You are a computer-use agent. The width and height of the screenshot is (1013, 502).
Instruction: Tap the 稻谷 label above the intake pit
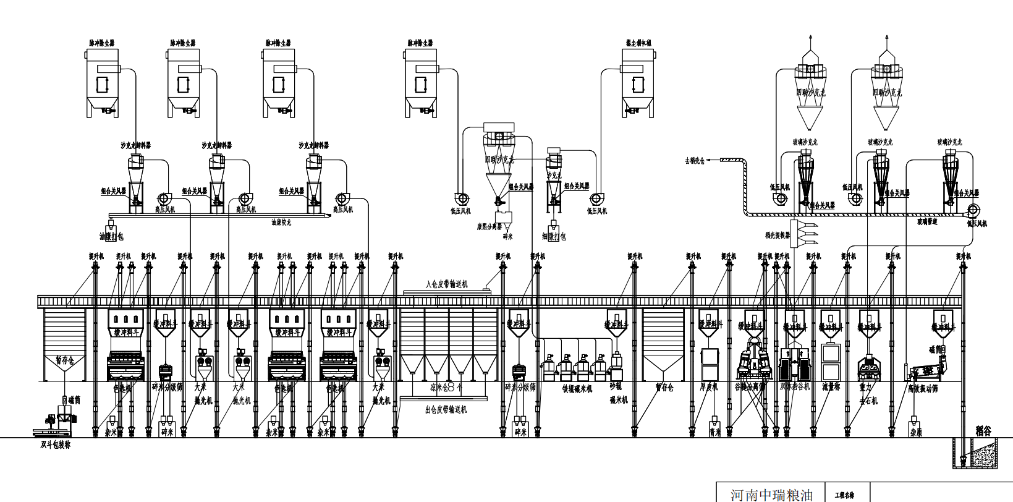983,432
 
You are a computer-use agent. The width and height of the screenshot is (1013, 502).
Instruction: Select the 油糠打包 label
111,236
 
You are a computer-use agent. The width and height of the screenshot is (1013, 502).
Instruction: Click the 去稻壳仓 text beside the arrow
695,161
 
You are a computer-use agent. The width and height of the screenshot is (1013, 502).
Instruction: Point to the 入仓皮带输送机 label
447,284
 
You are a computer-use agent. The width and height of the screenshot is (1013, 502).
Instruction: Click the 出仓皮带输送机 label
446,409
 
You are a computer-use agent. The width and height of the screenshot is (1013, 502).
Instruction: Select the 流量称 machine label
831,386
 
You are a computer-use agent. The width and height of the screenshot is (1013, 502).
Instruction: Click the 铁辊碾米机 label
577,388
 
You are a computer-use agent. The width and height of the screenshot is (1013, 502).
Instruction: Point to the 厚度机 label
709,386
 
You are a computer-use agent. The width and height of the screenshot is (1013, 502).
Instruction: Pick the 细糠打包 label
554,236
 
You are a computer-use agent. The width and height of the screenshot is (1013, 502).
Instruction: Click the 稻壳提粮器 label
778,235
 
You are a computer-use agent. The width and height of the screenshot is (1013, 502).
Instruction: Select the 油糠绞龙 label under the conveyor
281,221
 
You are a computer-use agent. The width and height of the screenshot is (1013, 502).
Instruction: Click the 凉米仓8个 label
446,387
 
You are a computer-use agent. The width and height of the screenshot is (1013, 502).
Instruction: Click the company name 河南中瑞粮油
771,495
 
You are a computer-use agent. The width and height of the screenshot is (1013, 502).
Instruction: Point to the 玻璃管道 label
927,221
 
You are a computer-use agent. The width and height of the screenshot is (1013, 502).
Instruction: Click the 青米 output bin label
715,433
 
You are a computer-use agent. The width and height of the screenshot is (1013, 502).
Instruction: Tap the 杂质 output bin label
915,433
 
